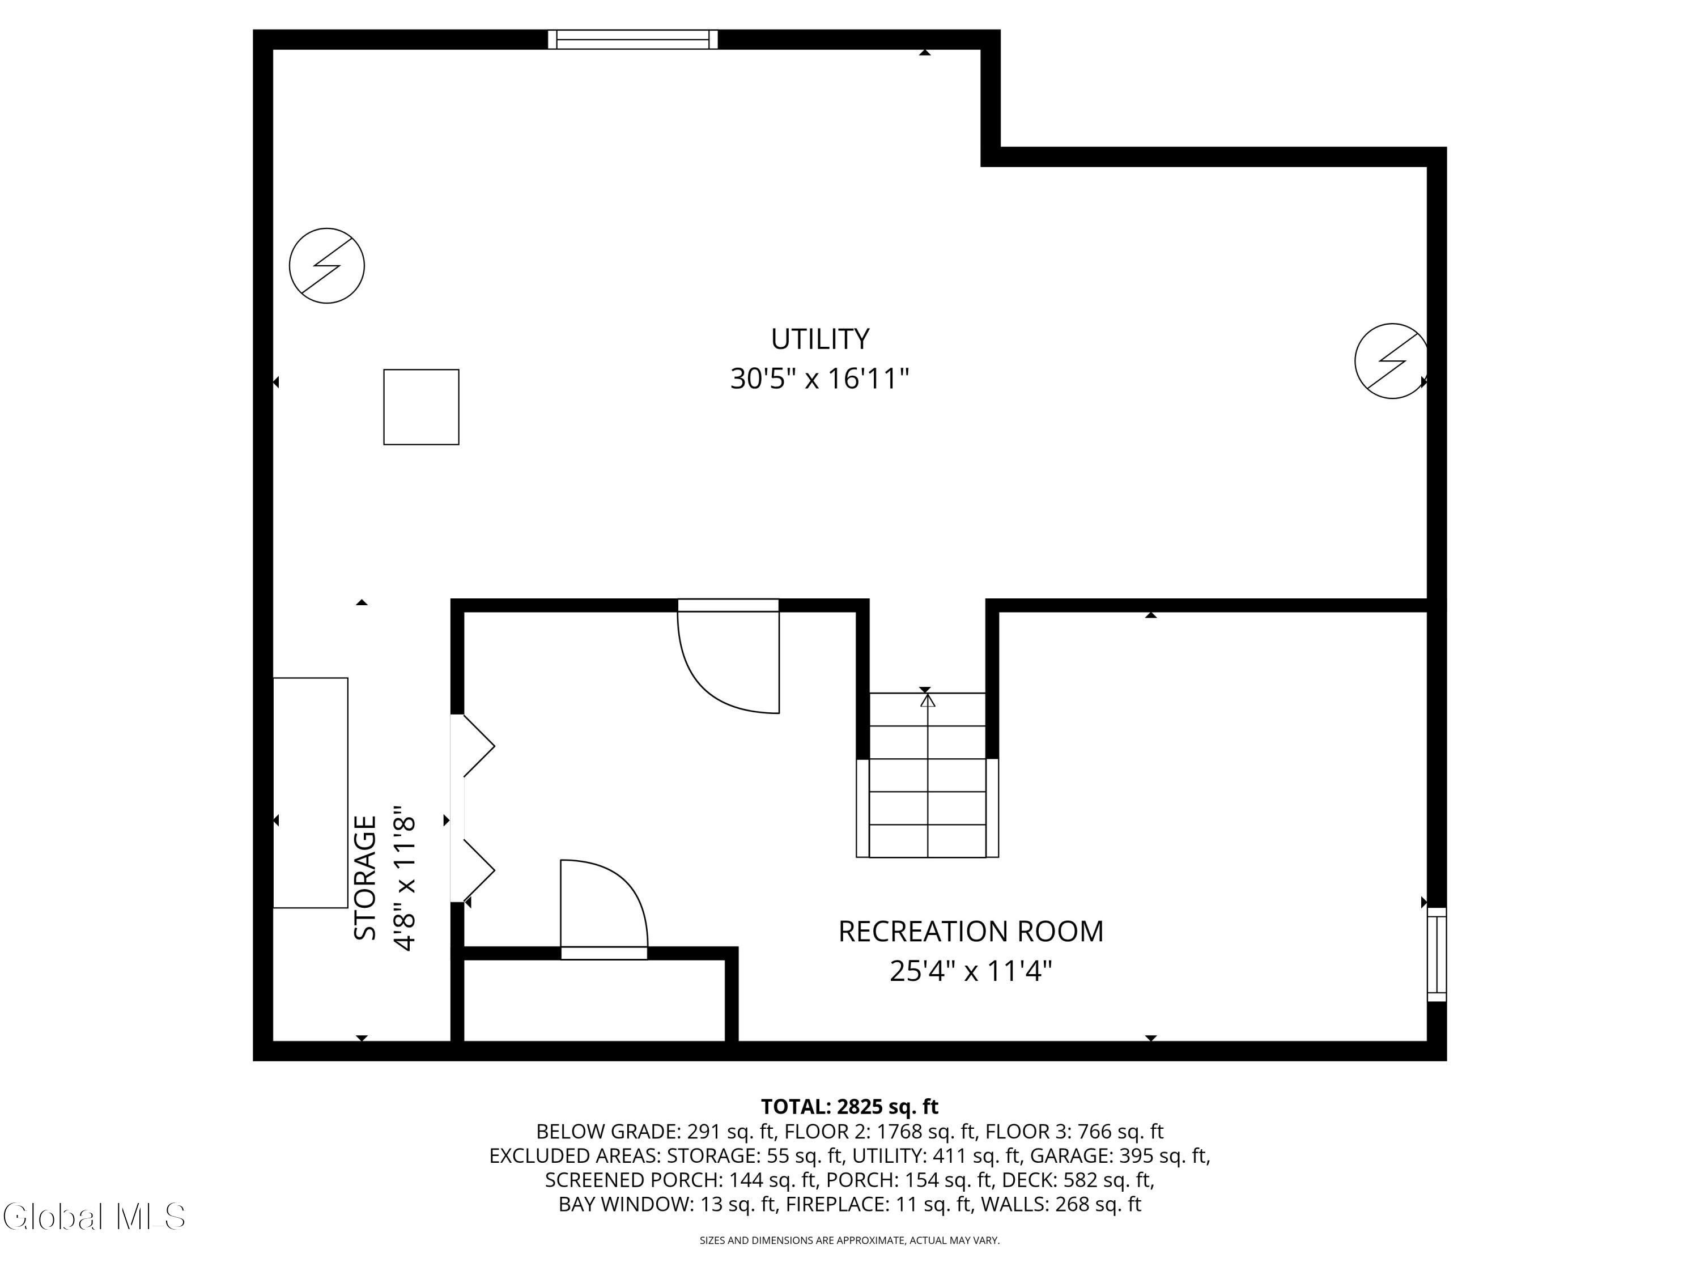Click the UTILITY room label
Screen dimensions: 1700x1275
[820, 339]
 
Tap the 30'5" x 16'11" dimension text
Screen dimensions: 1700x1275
[820, 379]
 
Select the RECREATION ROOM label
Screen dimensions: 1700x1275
[971, 932]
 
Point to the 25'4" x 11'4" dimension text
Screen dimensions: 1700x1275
[971, 971]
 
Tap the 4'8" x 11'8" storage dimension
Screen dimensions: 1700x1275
[405, 878]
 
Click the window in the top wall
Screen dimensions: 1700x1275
[632, 39]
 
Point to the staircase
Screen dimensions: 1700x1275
[928, 775]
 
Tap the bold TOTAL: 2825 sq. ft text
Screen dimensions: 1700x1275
[849, 1107]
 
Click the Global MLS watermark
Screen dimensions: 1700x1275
[93, 1217]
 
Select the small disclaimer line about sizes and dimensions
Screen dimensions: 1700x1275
[849, 1240]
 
